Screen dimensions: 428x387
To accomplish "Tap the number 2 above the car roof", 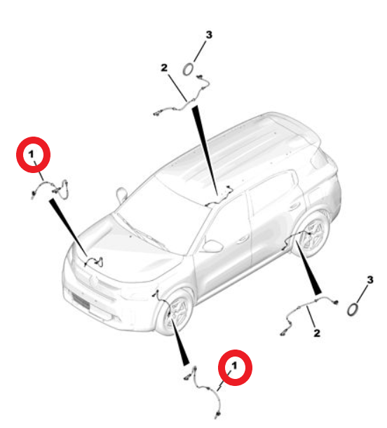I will (164, 68).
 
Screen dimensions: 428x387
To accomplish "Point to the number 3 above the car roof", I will (208, 34).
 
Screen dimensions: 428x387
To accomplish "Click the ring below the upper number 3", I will (190, 69).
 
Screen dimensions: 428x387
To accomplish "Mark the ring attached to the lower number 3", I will (355, 308).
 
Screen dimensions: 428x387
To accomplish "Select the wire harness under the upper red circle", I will (51, 188).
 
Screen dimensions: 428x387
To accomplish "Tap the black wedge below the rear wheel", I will (311, 274).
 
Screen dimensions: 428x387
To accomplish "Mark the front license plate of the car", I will (82, 304).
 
